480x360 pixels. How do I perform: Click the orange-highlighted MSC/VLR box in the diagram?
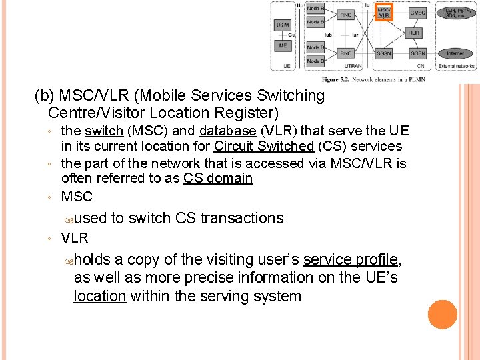coord(384,12)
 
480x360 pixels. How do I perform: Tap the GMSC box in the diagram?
coord(418,13)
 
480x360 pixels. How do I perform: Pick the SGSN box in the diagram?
coord(384,53)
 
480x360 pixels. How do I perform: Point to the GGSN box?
coord(418,53)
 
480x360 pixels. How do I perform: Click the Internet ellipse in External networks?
coord(455,53)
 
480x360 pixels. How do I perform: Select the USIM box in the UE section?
coord(282,25)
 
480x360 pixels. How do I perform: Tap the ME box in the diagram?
coord(282,46)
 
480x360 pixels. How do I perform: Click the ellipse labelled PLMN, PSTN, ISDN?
coord(455,12)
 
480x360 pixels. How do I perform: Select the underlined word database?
coord(227,131)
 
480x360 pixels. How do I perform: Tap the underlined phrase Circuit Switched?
coord(263,146)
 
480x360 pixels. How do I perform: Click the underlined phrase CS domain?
coord(218,178)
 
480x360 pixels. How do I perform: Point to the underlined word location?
coord(100,296)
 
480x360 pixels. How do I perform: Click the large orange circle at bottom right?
coord(443,315)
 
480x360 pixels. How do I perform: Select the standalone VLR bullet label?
coord(75,238)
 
